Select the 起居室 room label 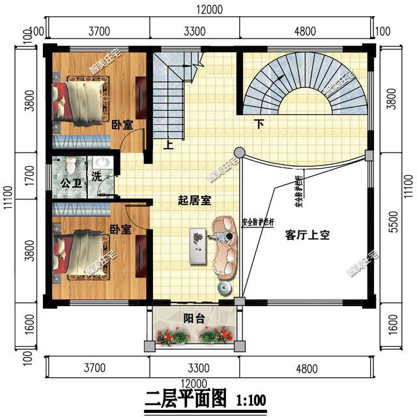(x=194, y=200)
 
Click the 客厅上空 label (x=307, y=235)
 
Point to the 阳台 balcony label (x=193, y=319)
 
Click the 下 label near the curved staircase (x=259, y=124)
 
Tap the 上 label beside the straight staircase (x=168, y=146)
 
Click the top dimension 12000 (x=208, y=9)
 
